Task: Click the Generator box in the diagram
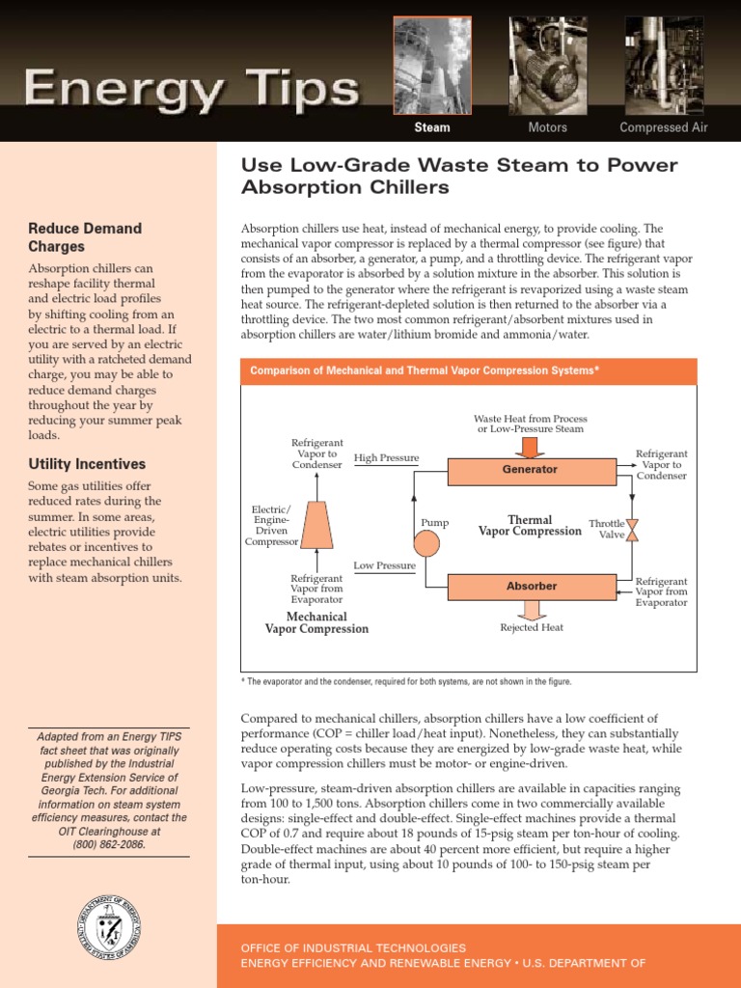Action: tap(531, 470)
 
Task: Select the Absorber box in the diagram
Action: tap(532, 586)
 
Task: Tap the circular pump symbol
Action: tap(426, 544)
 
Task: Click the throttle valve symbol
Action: tap(632, 530)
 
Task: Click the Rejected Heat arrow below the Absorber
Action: tap(531, 610)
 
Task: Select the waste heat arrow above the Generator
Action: tap(530, 446)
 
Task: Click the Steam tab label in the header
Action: tap(431, 127)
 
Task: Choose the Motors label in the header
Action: tap(547, 127)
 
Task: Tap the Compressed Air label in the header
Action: tap(663, 127)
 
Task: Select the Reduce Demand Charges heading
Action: tap(85, 237)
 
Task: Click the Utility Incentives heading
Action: tap(87, 464)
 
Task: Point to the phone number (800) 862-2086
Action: tap(108, 844)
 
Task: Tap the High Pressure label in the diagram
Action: tap(386, 457)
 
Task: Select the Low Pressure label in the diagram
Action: tap(384, 565)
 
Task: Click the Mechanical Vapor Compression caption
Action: tap(316, 622)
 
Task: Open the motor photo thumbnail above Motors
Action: tap(547, 66)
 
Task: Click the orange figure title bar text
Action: tap(425, 370)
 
